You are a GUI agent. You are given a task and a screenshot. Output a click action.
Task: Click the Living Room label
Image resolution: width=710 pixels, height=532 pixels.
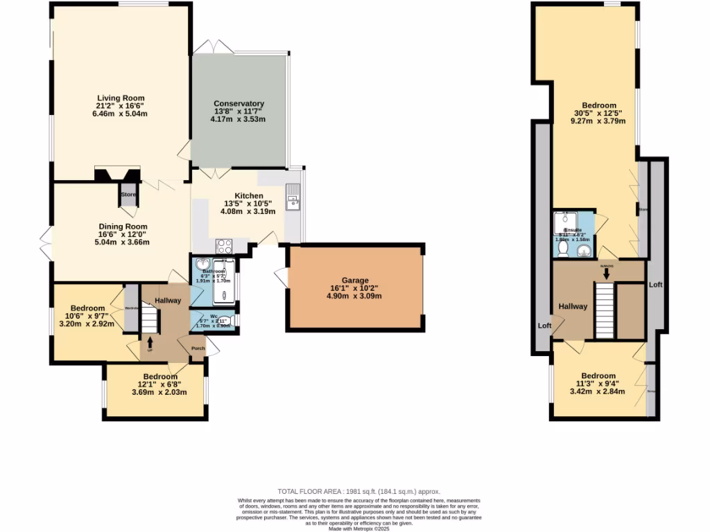121,98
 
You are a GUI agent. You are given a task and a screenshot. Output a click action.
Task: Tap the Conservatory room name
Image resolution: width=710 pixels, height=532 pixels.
239,104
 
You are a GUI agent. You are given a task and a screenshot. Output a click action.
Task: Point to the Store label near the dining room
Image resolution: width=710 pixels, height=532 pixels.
128,195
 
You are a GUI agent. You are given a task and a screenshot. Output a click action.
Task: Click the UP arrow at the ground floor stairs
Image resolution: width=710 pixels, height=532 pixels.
150,343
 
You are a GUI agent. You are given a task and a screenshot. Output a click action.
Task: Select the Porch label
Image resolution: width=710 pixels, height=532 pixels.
198,348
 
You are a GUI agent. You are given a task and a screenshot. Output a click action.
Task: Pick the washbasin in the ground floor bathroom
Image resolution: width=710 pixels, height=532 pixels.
202,265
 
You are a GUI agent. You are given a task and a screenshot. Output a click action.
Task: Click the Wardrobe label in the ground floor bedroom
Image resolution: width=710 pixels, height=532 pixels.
132,308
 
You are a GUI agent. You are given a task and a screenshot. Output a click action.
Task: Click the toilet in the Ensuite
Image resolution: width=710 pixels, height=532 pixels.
563,247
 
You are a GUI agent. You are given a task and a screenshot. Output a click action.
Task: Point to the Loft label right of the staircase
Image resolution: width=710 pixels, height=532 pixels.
655,285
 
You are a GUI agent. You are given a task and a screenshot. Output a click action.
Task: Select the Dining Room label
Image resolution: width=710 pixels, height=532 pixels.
122,227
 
